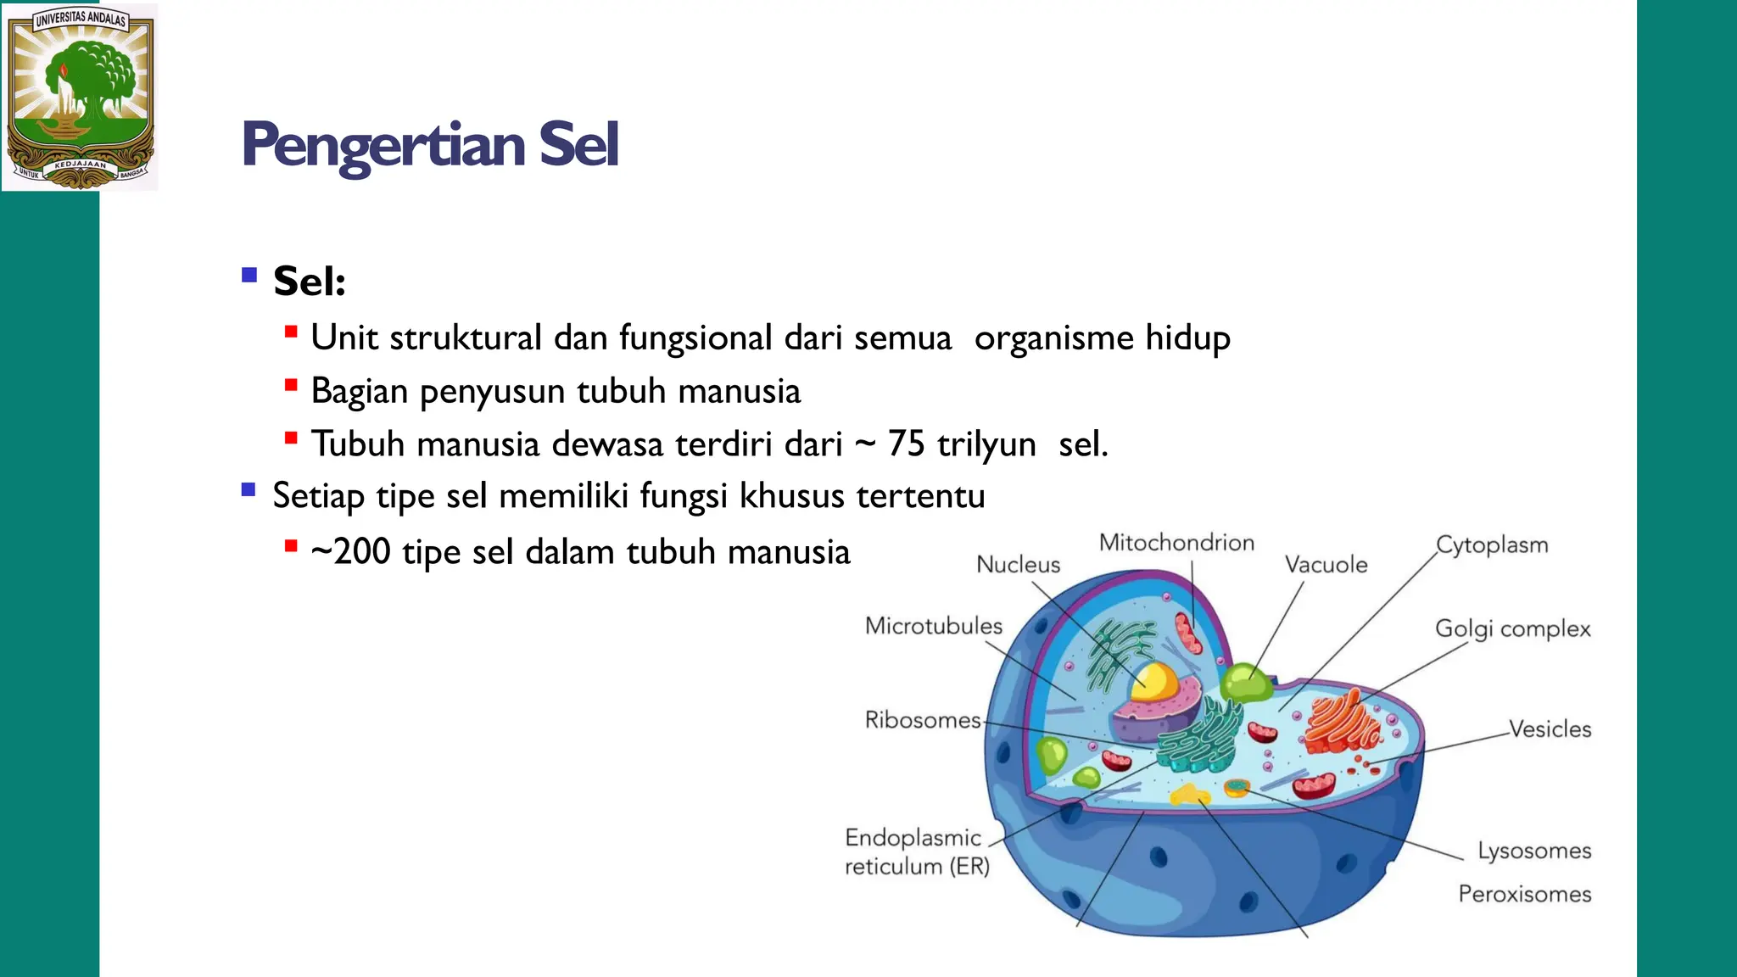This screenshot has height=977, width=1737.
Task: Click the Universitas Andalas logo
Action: [x=81, y=97]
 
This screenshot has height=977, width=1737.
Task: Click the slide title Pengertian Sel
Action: [x=430, y=144]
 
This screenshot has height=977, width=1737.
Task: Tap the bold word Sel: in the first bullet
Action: [x=309, y=282]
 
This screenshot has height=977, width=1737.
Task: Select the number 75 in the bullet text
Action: [x=906, y=444]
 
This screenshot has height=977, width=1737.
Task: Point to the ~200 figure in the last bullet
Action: [x=350, y=552]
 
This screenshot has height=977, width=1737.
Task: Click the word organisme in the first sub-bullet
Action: [x=1054, y=338]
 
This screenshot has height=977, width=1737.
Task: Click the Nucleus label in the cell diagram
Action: [x=1018, y=565]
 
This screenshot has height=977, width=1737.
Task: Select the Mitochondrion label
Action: [x=1176, y=543]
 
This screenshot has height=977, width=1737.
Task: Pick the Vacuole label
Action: [x=1326, y=565]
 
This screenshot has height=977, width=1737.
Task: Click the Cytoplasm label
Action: [x=1492, y=544]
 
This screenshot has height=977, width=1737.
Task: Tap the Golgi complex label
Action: [x=1512, y=629]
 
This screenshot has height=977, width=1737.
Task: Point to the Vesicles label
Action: [x=1550, y=729]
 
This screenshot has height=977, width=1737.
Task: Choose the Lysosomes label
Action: [x=1534, y=851]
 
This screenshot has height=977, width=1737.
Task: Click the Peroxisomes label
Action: [x=1524, y=894]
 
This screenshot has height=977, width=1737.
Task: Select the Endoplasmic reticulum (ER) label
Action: [x=916, y=852]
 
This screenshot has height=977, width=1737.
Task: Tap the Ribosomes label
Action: [x=922, y=720]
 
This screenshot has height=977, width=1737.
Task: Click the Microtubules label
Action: [x=933, y=626]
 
